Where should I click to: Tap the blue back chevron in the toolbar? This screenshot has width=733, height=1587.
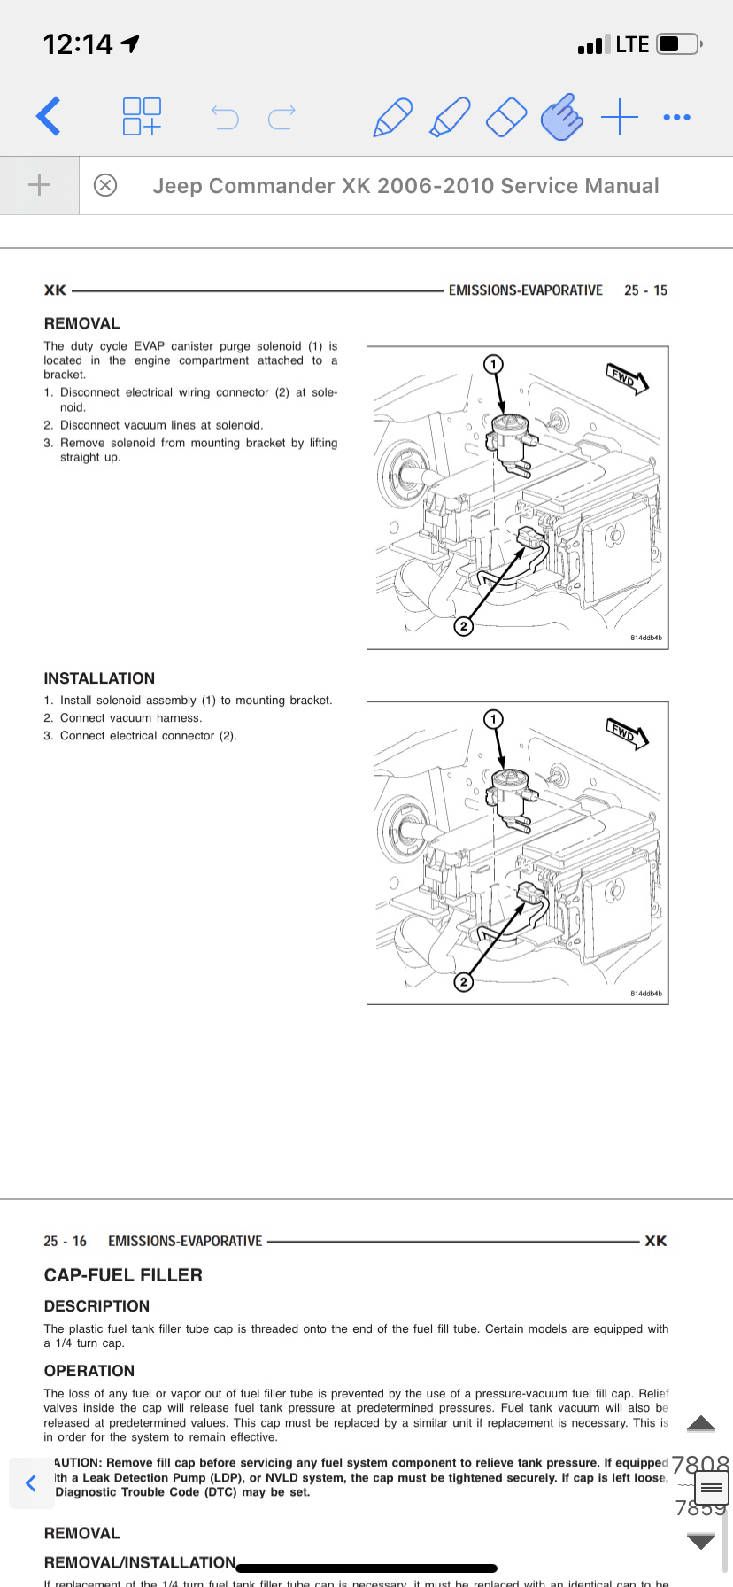[x=49, y=116]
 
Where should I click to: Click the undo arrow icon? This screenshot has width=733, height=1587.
[x=225, y=117]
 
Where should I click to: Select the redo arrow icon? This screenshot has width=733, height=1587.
[x=282, y=117]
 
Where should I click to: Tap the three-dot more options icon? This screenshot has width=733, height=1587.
[x=676, y=117]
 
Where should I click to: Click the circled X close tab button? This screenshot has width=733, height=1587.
[x=105, y=185]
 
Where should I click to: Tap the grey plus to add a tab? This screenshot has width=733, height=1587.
[x=40, y=185]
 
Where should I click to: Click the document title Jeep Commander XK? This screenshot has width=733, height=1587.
[x=405, y=186]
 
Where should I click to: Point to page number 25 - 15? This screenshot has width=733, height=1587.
[x=645, y=290]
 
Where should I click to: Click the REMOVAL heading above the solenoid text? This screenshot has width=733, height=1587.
[x=81, y=324]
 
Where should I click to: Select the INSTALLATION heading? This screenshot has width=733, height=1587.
[x=99, y=678]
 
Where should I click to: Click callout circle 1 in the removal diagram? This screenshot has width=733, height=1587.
[x=493, y=364]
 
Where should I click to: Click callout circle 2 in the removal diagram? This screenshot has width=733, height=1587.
[x=463, y=626]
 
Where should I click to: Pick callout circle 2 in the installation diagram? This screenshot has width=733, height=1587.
[x=463, y=981]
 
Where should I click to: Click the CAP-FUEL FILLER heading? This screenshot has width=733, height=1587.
[x=123, y=1275]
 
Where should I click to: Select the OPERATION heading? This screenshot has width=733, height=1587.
[x=89, y=1371]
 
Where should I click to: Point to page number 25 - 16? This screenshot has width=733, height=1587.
[x=65, y=1242]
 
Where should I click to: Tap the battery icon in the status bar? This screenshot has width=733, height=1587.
[x=679, y=44]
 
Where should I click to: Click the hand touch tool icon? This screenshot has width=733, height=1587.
[x=561, y=117]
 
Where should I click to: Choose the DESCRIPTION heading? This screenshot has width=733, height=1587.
[x=96, y=1306]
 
